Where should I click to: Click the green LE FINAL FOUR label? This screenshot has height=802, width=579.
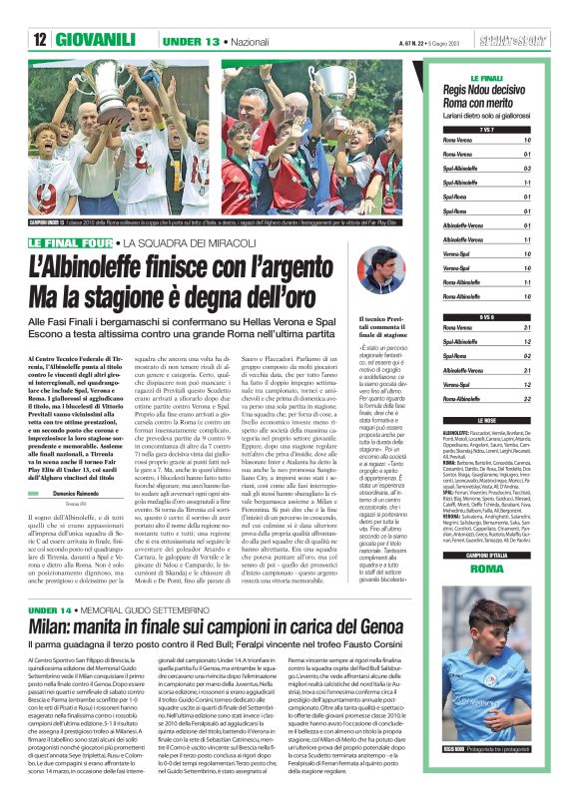(x=71, y=243)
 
